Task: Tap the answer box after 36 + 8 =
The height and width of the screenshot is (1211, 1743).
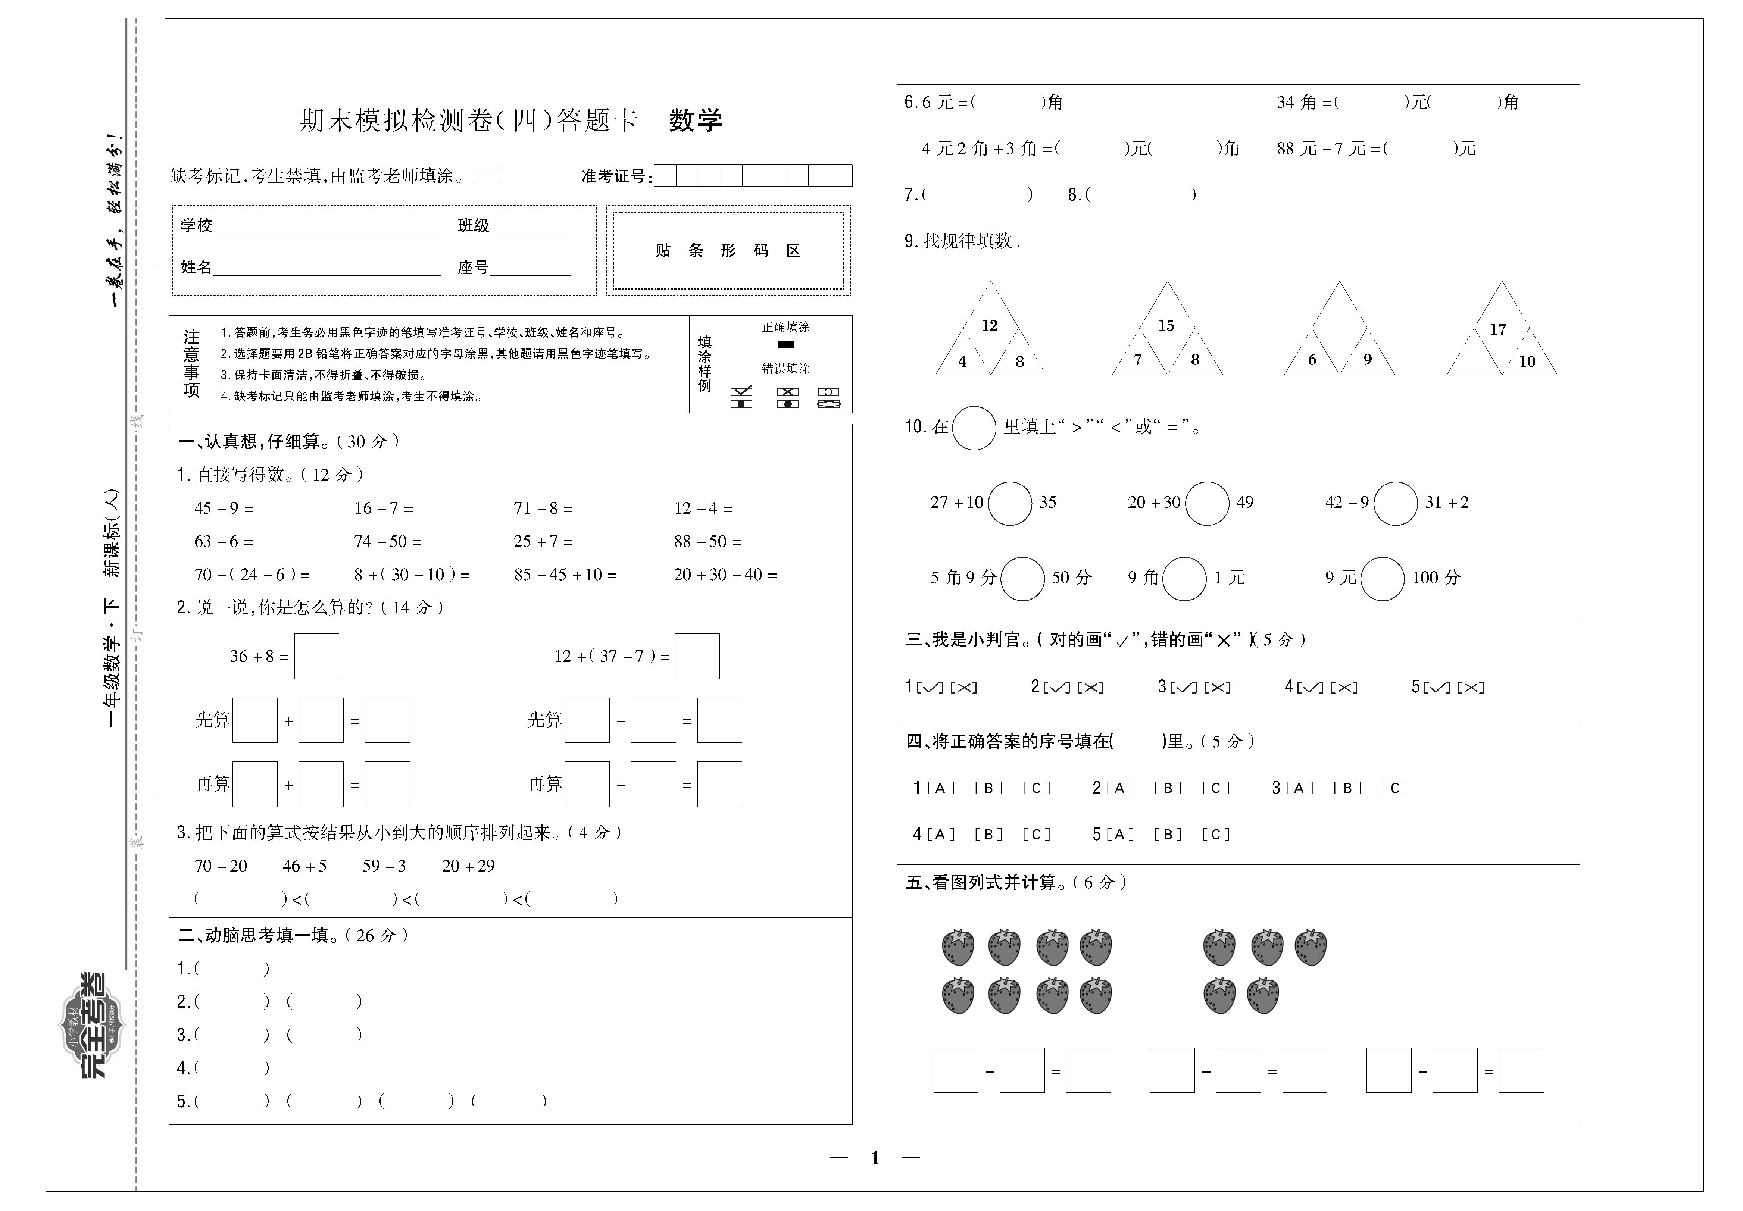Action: pos(316,656)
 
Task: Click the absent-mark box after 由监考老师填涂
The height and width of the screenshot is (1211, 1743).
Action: pos(486,176)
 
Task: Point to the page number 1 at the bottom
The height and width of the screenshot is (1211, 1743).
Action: pos(875,1158)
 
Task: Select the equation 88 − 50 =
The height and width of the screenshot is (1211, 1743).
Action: pos(707,542)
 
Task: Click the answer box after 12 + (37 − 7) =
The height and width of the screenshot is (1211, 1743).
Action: pos(697,656)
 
